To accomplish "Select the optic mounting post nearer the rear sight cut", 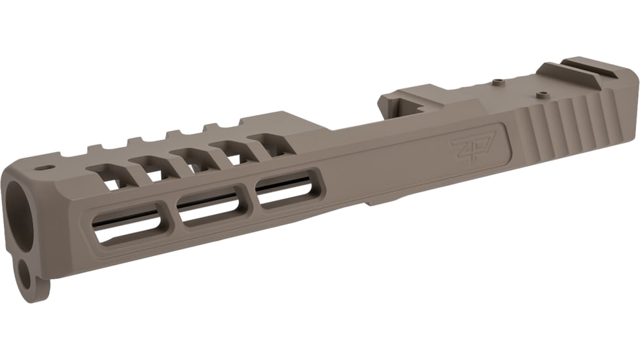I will coord(540,95).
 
